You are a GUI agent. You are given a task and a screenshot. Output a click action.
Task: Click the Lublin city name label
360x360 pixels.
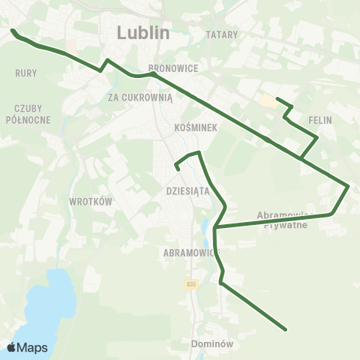[143, 33]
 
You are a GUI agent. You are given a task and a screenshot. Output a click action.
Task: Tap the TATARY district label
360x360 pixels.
[221, 34]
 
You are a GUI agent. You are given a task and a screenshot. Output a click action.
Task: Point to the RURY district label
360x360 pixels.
[25, 73]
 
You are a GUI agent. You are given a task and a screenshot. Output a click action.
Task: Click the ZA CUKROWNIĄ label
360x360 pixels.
[140, 97]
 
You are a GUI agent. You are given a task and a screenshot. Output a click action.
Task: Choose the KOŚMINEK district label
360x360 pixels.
[195, 127]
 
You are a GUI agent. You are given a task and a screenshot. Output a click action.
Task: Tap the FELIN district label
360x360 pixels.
[319, 120]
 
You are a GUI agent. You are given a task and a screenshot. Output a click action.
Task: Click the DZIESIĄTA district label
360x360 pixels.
[187, 190]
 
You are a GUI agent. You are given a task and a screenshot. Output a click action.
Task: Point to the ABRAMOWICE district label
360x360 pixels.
[189, 253]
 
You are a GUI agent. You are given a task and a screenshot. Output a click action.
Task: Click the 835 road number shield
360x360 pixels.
[191, 283]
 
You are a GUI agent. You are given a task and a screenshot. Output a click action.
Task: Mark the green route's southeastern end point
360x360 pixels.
[286, 328]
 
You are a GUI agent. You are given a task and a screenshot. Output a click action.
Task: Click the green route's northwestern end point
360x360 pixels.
[13, 31]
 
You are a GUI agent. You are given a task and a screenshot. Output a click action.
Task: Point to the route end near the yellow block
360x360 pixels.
[277, 99]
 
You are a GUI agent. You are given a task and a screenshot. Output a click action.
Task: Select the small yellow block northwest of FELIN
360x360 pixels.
[267, 100]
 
